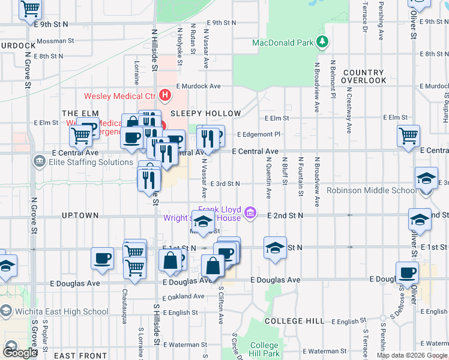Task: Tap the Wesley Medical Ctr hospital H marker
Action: point(164,95)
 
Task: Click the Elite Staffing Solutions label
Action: point(83,162)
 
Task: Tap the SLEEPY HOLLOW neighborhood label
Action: point(206,113)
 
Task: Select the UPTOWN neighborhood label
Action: point(80,215)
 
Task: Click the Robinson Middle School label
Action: point(371,191)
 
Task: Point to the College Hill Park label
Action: point(264,349)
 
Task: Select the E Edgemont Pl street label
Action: point(259,134)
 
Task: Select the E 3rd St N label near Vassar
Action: point(225,184)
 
